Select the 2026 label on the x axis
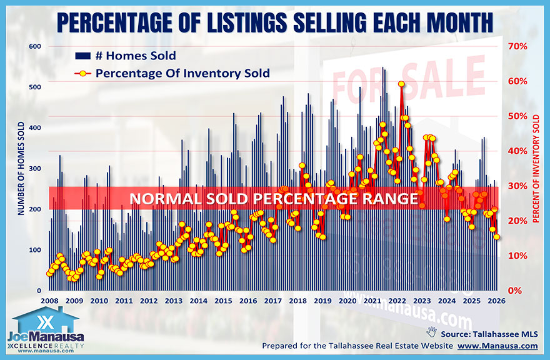(x=497, y=301)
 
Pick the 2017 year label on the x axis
(x=272, y=301)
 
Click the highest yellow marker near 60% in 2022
(x=401, y=84)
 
